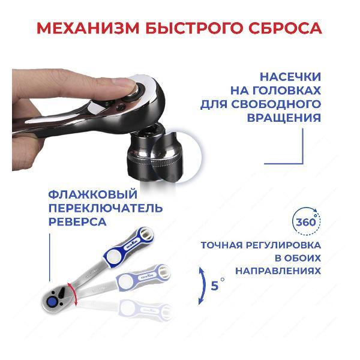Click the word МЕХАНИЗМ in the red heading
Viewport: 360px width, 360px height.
point(88,28)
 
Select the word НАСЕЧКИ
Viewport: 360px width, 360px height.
point(290,77)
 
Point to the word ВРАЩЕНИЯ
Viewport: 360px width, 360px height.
point(284,118)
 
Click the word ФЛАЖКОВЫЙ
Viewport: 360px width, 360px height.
point(93,194)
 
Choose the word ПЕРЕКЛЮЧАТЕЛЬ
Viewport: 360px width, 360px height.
point(106,208)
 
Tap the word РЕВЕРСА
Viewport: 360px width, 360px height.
point(77,222)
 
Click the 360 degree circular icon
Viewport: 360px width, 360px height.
point(307,221)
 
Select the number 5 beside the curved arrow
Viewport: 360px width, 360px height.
point(215,286)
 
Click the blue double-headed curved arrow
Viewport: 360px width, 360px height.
point(204,286)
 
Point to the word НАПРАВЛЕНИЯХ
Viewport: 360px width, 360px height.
point(278,271)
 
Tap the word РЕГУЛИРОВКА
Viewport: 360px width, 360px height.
point(284,245)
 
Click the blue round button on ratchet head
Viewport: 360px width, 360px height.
point(53,302)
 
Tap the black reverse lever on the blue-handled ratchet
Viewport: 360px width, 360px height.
point(62,292)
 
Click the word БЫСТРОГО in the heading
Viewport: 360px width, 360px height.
point(194,28)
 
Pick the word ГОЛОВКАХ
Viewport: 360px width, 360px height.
point(275,91)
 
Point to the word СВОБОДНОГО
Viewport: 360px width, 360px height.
point(276,104)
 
